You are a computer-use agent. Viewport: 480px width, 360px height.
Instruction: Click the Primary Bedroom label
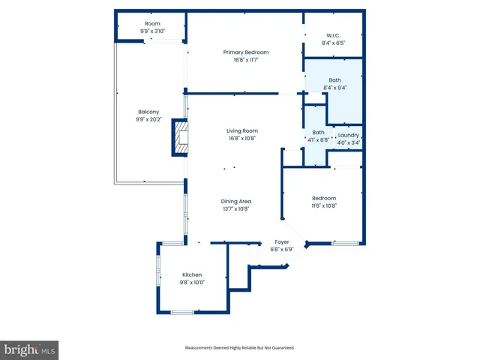click(245, 52)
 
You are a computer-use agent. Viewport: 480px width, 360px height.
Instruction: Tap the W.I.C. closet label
click(334, 36)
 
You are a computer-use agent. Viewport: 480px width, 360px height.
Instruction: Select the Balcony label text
click(147, 112)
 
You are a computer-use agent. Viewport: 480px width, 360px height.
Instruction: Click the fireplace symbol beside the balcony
click(180, 137)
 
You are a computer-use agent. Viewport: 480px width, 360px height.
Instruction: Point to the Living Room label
click(242, 131)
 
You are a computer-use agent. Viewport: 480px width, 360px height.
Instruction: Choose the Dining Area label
click(235, 201)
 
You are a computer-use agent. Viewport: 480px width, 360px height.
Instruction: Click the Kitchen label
click(191, 275)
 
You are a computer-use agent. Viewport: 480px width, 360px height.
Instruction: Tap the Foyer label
click(280, 241)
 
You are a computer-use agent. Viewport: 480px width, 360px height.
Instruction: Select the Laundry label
click(349, 135)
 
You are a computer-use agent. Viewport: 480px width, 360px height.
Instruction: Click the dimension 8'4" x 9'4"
click(334, 88)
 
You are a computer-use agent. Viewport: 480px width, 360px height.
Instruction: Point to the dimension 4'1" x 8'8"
click(318, 139)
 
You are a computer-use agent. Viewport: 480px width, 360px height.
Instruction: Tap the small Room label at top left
click(152, 24)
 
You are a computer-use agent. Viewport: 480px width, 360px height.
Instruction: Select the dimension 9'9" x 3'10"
click(152, 31)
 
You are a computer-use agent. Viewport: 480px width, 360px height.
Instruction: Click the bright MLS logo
click(30, 349)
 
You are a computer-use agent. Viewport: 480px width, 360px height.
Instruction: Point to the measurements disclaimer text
click(240, 347)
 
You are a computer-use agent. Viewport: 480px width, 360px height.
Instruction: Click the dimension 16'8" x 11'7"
click(245, 59)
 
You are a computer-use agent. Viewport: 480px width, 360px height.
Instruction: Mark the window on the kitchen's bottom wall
click(182, 312)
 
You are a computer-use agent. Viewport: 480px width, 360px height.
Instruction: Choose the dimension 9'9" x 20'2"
click(147, 118)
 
